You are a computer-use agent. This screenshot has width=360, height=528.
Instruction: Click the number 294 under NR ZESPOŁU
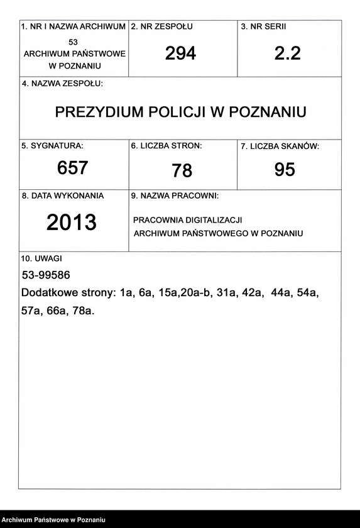180,54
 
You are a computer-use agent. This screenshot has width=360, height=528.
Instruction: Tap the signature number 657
72,168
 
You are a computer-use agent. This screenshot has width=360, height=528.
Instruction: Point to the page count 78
182,170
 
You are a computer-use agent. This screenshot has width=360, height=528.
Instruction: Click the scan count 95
285,170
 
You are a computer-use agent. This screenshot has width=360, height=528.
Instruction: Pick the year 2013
72,222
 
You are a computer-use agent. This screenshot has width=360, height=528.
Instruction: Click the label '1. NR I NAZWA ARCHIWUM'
74,27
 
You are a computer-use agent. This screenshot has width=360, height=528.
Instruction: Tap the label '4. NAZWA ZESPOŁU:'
62,84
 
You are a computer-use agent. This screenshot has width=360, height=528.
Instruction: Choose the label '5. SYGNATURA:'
52,146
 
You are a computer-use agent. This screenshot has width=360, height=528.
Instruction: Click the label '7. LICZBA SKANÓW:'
280,146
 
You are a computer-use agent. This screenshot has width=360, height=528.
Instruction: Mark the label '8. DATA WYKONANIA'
63,195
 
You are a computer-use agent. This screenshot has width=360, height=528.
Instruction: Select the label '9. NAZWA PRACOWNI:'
175,196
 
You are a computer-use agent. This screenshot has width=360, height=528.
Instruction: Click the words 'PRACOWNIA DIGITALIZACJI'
188,220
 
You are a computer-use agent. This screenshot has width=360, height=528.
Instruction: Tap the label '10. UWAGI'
41,258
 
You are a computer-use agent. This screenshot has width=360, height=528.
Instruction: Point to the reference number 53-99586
46,275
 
